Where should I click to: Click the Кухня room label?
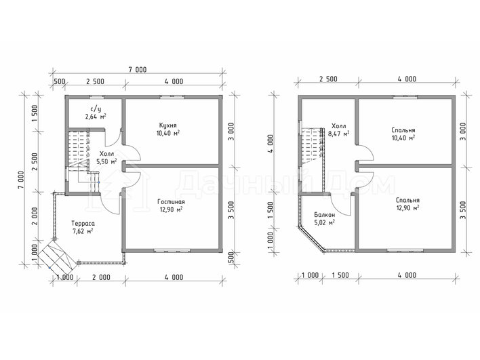167,125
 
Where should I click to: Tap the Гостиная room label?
171,202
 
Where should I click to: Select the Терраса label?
83,223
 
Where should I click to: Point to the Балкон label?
325,215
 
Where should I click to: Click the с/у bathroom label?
96,108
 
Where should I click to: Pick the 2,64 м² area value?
96,117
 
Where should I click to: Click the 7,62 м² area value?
83,231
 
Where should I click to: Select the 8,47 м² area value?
339,134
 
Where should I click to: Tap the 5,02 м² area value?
325,222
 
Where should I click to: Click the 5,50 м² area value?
106,161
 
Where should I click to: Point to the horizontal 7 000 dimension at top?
138,70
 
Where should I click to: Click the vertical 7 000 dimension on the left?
21,180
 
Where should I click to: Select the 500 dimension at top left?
59,81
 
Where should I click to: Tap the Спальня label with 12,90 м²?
407,200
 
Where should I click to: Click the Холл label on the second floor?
339,126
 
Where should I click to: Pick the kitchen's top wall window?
172,98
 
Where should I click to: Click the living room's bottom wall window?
172,251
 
